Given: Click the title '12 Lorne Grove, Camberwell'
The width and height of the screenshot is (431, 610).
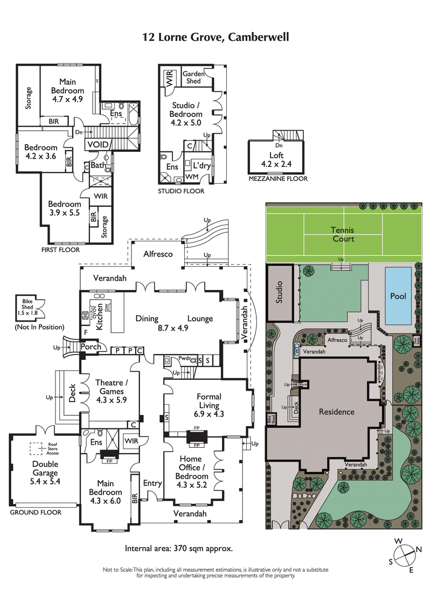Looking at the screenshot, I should click(x=215, y=37).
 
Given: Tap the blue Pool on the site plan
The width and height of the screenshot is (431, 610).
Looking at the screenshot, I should click(x=398, y=296).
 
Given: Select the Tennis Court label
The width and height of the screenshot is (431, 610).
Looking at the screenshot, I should click(x=343, y=234).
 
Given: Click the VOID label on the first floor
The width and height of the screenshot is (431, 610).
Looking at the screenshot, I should click(x=98, y=145).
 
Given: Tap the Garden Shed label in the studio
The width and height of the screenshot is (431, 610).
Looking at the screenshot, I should click(x=192, y=78).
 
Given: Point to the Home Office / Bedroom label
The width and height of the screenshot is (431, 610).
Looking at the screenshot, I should click(x=192, y=468).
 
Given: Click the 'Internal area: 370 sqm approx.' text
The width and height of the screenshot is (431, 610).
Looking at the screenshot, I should click(x=179, y=549).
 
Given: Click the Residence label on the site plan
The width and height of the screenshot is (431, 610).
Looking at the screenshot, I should click(x=336, y=412).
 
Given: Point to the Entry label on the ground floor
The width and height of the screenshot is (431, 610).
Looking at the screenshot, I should click(x=152, y=483).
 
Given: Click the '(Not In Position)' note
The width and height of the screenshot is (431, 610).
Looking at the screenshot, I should click(x=40, y=327).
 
